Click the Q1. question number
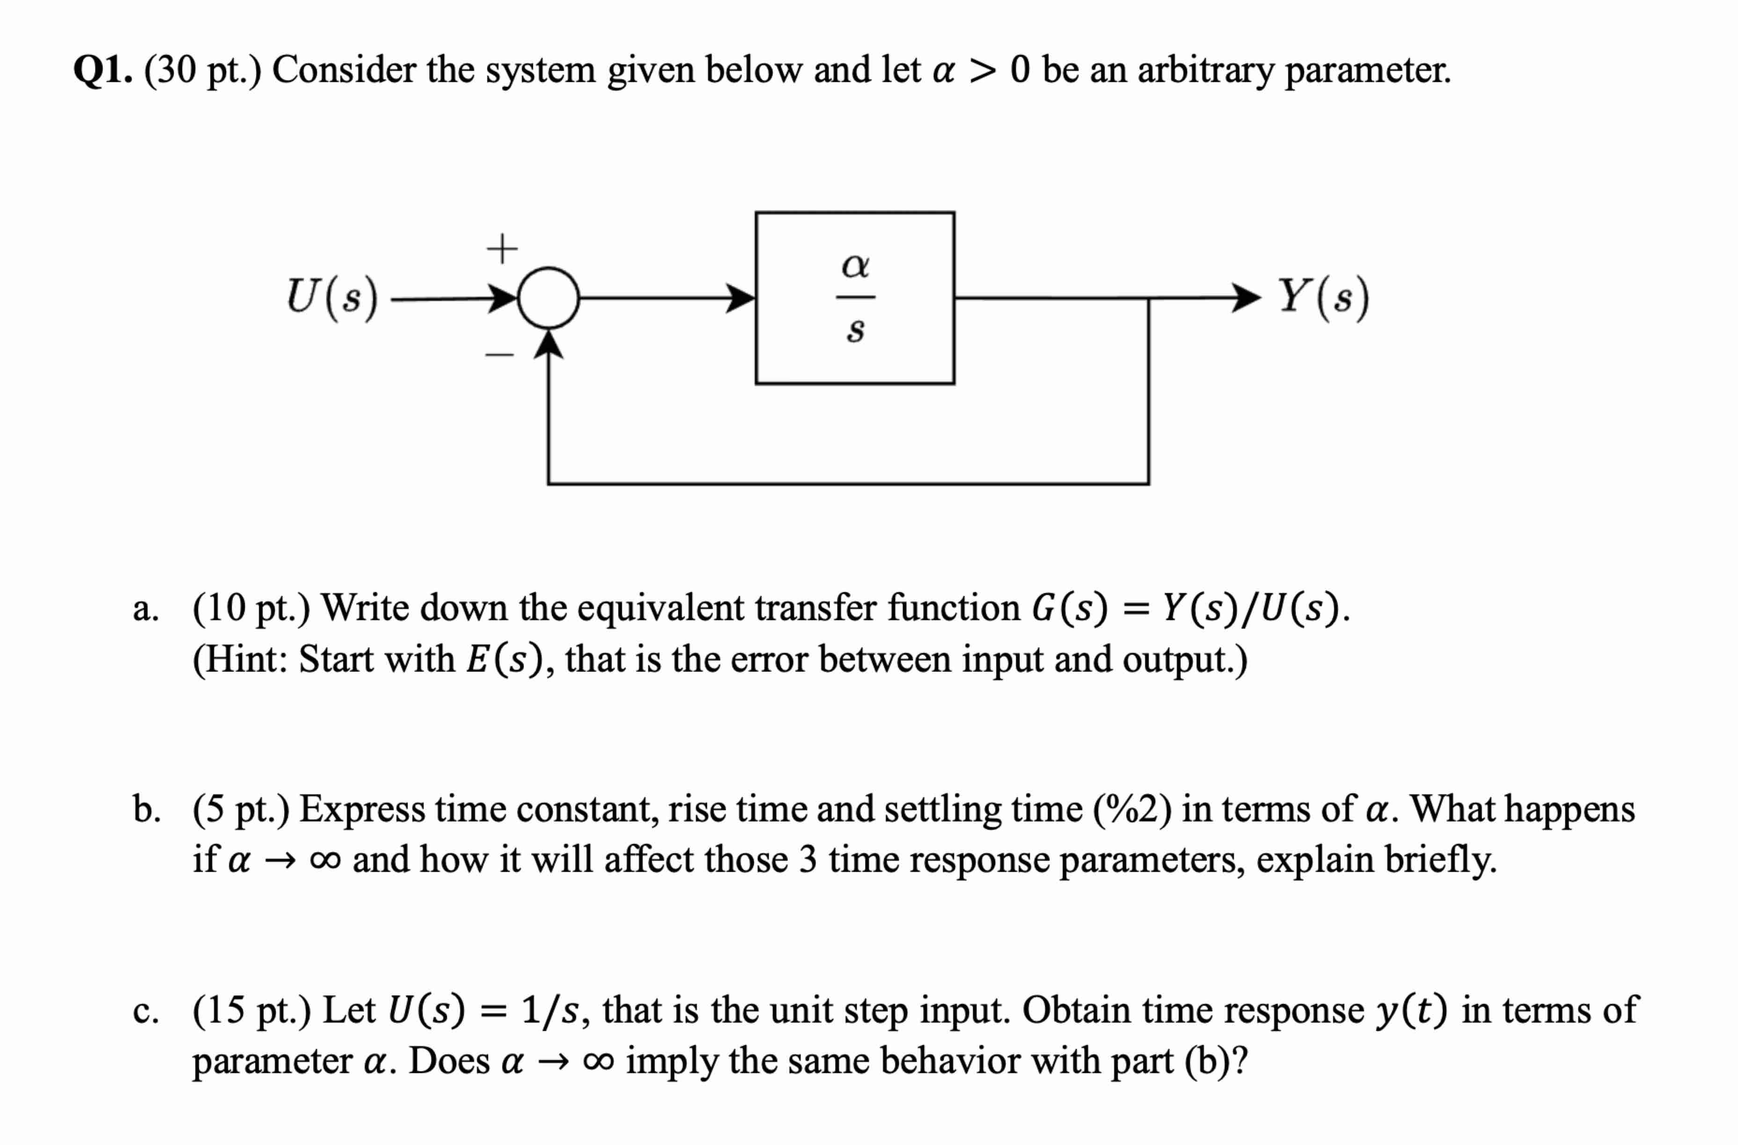tap(102, 71)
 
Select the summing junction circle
tap(548, 298)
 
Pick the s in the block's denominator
tap(855, 331)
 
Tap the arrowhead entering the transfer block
tap(741, 298)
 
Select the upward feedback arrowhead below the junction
tap(548, 345)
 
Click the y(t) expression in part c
tap(1411, 1011)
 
